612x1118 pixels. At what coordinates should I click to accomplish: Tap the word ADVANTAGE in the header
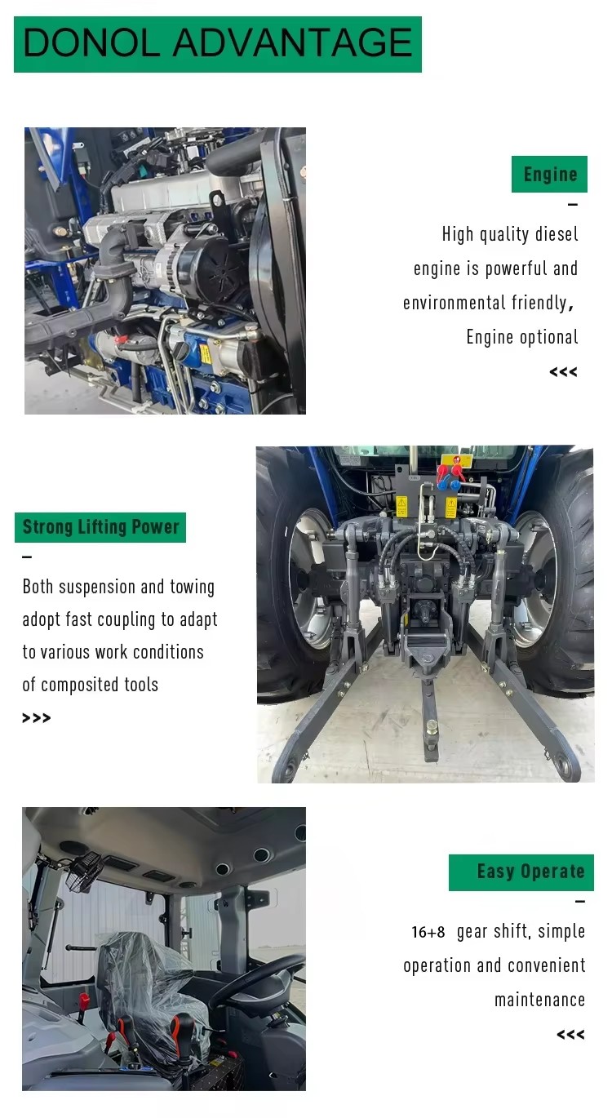pos(292,43)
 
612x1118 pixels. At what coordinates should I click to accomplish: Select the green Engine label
pos(549,174)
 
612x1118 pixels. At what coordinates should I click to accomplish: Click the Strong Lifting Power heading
pos(100,527)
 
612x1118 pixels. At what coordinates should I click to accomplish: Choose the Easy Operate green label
pos(521,872)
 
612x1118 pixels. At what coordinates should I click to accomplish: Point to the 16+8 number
pos(428,932)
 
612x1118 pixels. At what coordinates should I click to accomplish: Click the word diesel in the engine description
pos(557,234)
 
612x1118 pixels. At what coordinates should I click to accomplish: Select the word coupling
pos(126,620)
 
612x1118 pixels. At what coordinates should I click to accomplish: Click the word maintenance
pos(539,1000)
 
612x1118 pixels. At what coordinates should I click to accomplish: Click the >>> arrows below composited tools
pos(37,718)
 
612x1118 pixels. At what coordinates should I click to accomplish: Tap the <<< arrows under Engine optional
pos(563,372)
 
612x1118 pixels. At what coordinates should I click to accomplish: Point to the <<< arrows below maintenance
pos(570,1034)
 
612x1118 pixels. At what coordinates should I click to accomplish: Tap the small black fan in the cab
pos(84,870)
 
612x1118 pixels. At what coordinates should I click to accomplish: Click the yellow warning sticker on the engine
pos(205,353)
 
